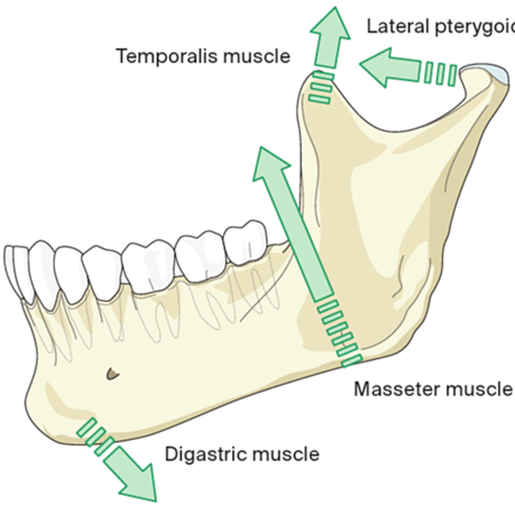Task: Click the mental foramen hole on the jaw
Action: point(113,374)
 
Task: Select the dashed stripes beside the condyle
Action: point(440,74)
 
